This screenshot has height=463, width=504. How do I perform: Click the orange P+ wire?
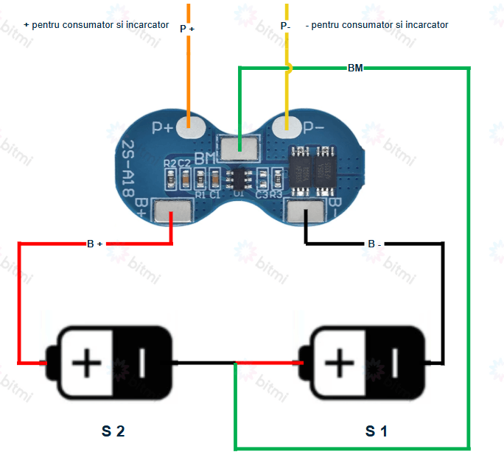pos(188,74)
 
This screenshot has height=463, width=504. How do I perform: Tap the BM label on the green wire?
pos(354,68)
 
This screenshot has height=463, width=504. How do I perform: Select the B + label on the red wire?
pos(94,244)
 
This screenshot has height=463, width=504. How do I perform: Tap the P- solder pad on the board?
pos(286,127)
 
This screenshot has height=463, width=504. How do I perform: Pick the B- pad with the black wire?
pos(305,212)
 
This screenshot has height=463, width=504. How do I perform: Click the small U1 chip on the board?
pos(239,178)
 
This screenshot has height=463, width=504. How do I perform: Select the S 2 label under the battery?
pos(113,431)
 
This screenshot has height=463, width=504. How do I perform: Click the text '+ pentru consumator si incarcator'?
pos(97,24)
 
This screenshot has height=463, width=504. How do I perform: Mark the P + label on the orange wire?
pos(187,29)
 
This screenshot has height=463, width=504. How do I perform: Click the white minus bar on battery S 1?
pos(395,361)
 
